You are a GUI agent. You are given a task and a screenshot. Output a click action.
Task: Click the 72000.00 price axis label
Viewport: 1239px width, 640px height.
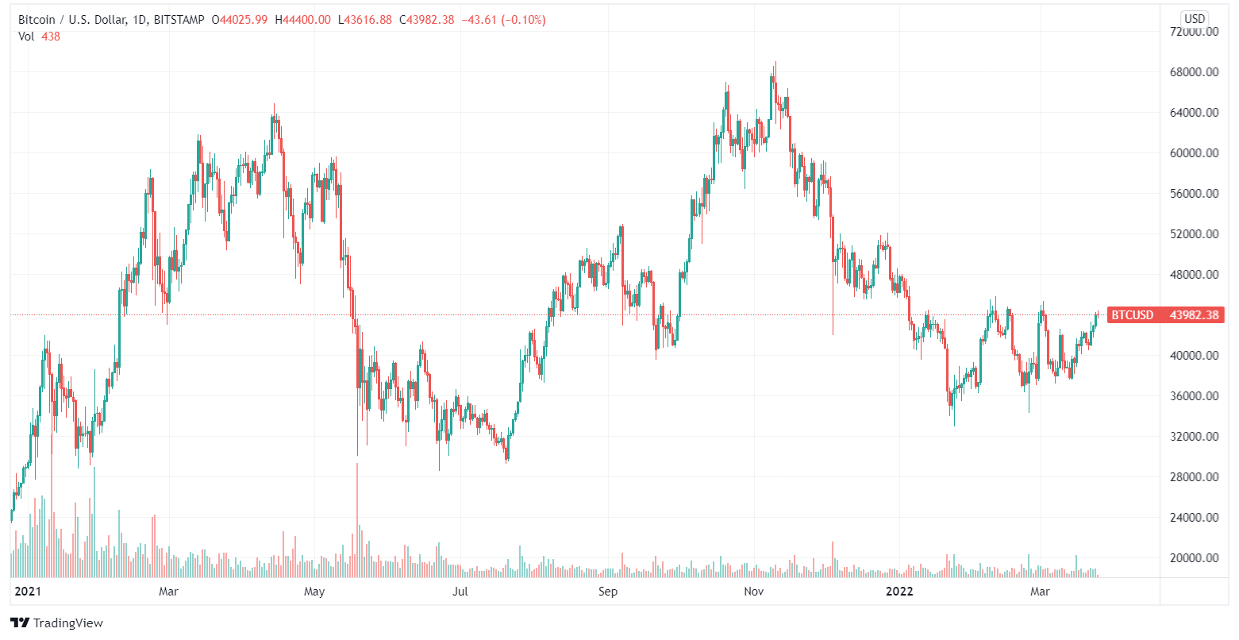pos(1195,32)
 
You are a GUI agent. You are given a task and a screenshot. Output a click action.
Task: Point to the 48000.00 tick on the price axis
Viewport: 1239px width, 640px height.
pos(1195,275)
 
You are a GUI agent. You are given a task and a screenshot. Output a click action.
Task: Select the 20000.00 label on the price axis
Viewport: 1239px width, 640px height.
pos(1195,558)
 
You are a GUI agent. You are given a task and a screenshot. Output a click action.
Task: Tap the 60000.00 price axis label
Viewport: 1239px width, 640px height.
pos(1195,153)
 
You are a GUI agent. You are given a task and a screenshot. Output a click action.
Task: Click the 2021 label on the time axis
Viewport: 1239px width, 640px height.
pos(28,592)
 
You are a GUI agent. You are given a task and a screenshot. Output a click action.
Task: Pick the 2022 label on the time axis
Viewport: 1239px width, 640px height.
pos(899,592)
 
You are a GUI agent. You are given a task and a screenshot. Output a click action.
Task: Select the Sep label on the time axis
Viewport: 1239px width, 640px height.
pos(607,592)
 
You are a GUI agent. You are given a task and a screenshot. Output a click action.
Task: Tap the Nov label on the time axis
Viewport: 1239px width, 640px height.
pos(754,592)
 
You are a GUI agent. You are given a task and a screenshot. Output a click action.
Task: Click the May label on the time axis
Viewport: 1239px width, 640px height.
pos(315,592)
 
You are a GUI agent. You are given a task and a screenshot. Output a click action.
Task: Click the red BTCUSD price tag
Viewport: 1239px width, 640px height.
pos(1132,315)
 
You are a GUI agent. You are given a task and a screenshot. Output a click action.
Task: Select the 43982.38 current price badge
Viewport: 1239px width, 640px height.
pos(1194,315)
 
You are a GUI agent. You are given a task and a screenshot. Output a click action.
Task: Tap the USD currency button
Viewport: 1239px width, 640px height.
pos(1194,18)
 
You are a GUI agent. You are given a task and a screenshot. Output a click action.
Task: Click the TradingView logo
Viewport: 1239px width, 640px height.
pos(56,623)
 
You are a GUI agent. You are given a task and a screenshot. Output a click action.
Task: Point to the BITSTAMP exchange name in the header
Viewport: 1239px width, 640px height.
pos(183,20)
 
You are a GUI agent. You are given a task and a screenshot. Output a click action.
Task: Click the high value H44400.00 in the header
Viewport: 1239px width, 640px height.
pos(302,20)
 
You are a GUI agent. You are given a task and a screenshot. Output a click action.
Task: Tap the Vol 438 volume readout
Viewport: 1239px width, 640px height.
pos(39,37)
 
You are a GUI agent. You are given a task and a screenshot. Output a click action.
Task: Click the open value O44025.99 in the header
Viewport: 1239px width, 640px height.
pos(239,20)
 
